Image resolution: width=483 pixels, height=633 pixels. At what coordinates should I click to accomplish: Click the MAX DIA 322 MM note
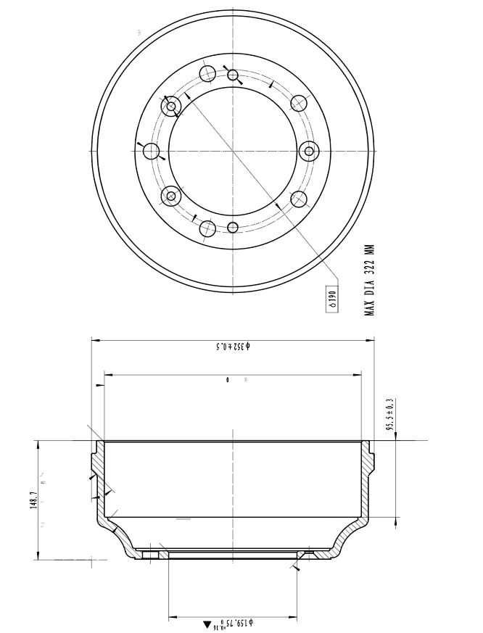(x=370, y=278)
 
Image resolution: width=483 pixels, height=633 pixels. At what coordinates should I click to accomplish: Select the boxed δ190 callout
(x=332, y=298)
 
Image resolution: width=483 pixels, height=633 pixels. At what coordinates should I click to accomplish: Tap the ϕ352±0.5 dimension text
(x=232, y=346)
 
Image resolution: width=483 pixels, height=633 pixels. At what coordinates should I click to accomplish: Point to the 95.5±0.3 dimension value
(x=389, y=415)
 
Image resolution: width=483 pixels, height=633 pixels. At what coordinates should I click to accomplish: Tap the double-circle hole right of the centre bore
(x=310, y=151)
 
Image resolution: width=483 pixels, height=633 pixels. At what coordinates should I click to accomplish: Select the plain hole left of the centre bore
(x=152, y=151)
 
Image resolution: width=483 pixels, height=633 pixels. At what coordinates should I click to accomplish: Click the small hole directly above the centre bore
(x=233, y=75)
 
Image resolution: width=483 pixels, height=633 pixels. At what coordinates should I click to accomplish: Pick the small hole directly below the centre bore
(x=233, y=228)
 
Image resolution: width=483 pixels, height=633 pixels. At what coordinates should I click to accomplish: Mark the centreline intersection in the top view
(x=233, y=151)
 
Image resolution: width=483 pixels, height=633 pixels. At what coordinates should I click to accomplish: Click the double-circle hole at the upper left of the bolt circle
(x=172, y=107)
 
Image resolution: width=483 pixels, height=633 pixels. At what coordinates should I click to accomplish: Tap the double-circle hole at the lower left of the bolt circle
(x=172, y=195)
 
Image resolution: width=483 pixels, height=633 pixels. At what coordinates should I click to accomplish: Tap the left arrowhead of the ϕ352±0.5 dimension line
(x=95, y=339)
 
